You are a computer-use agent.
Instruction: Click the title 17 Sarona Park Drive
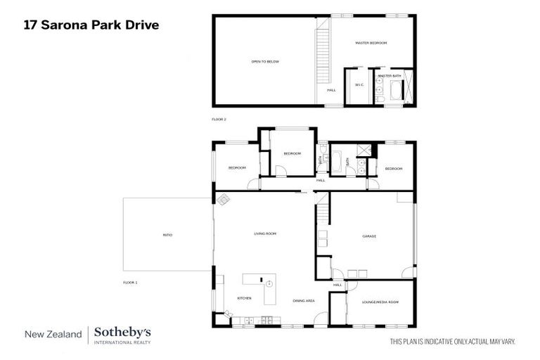[91, 25]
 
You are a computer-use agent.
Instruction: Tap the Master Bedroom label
[371, 43]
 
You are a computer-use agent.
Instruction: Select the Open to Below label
[265, 62]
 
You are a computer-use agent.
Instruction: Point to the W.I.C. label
[359, 85]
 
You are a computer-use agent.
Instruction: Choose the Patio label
[167, 235]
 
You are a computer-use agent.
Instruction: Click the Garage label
[369, 236]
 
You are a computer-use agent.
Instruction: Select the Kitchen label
[244, 298]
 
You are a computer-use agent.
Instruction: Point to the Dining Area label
[304, 300]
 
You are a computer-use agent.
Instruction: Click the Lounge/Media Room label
[380, 302]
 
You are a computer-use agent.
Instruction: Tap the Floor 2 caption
[219, 120]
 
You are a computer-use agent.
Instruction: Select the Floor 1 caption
[130, 282]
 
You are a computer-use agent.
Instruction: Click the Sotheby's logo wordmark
[122, 333]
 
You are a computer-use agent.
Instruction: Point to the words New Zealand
[53, 335]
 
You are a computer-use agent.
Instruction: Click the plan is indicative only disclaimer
[453, 342]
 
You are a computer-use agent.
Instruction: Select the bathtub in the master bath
[395, 91]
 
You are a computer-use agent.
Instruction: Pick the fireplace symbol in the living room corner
[222, 199]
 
